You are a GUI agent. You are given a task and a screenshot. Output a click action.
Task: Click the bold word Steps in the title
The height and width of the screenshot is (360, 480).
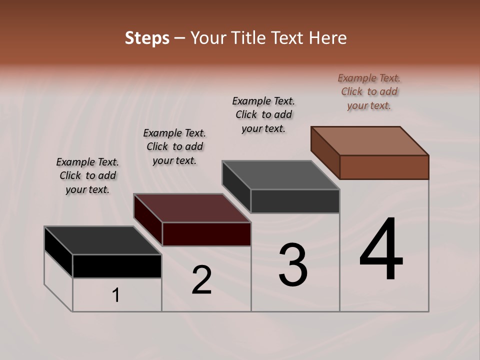pos(147,38)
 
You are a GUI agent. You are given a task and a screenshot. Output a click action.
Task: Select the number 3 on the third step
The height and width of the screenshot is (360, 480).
pos(293,264)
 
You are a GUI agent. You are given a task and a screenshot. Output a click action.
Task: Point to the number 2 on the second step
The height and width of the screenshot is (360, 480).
pos(201,280)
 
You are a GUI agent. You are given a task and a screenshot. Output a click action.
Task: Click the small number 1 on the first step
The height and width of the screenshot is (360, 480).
pos(116,295)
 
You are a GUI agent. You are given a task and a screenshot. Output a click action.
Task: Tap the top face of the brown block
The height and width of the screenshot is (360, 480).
pos(370,140)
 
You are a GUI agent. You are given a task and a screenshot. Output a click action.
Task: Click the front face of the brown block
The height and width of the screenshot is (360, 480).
pos(384,167)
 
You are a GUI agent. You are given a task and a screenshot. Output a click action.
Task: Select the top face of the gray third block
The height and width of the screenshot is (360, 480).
pos(280,174)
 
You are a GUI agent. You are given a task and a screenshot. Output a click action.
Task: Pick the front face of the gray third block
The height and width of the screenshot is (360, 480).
pos(295,201)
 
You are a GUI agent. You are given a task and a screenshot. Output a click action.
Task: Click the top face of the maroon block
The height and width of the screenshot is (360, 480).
pos(192,207)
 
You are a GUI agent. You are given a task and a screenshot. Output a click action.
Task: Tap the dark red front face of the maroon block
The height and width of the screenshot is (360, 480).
pos(206,234)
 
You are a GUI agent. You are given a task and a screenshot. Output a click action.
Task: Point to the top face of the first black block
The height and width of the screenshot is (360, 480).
pos(103,240)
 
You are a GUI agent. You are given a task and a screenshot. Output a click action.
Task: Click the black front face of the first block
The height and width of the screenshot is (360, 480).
pos(117,266)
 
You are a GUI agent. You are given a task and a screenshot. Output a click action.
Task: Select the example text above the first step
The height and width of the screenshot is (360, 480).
pos(87,175)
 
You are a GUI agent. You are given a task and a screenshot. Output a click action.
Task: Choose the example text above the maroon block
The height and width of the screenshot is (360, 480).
pos(174,146)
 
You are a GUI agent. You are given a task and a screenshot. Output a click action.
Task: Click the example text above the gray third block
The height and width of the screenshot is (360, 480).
pos(263,114)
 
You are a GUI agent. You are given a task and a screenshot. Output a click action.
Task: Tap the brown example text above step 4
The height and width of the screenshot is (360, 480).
pos(369,91)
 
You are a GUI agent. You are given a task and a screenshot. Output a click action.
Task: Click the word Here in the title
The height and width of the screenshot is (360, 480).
pos(329,38)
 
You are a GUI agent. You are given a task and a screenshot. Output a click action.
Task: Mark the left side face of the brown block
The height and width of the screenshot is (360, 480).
pos(325,152)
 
